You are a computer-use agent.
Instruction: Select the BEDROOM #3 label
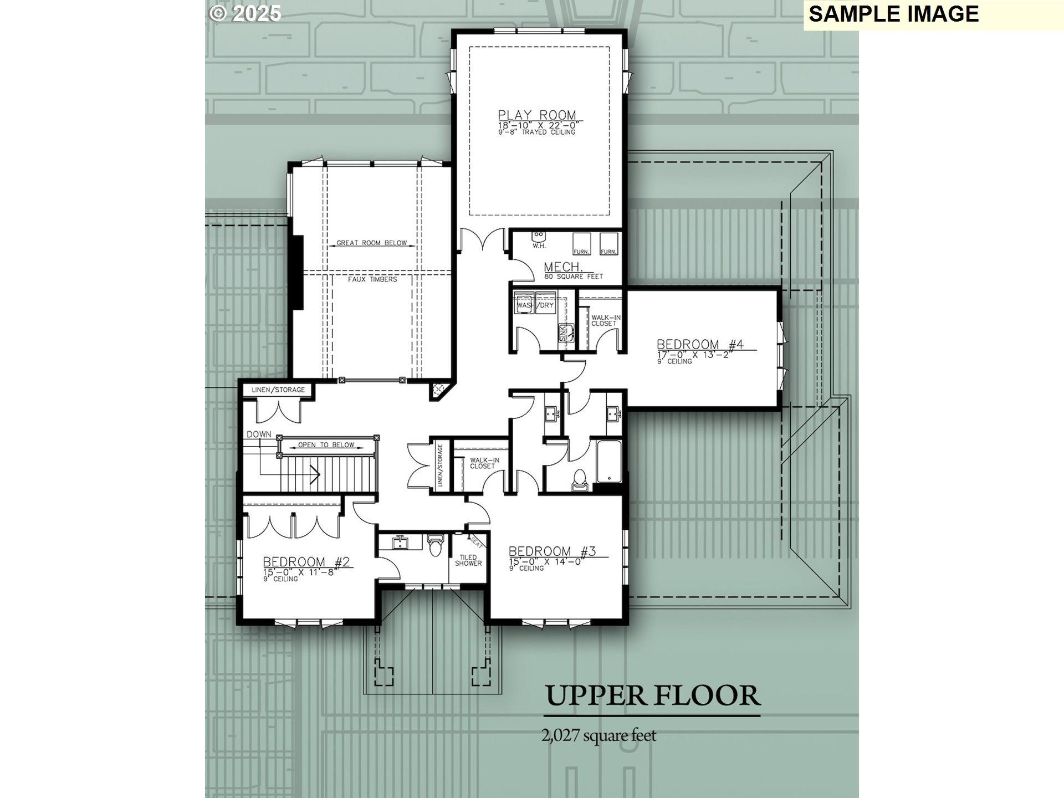tap(552, 551)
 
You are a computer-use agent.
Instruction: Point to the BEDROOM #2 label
tap(306, 562)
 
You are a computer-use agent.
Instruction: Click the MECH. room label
tap(563, 268)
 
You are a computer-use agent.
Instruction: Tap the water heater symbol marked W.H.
tap(538, 237)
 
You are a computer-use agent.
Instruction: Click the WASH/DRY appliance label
tap(535, 305)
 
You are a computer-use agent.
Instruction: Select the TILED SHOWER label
tap(468, 560)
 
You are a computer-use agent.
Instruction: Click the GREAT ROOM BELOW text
tap(371, 243)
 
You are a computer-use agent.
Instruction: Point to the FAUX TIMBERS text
tap(372, 279)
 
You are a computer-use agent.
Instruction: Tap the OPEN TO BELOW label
tap(326, 444)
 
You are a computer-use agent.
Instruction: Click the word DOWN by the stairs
tap(259, 434)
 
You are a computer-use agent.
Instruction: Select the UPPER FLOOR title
tap(653, 696)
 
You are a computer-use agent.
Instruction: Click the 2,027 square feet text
tap(598, 735)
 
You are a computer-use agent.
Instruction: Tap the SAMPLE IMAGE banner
tap(893, 14)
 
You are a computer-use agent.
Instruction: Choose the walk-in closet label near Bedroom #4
tap(605, 320)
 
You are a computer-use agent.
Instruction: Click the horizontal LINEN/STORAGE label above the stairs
tap(278, 390)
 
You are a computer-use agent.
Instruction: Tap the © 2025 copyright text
tap(245, 13)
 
